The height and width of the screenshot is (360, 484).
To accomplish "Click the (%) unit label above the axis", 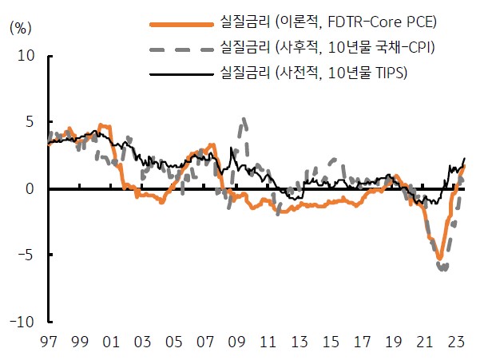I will (20, 26).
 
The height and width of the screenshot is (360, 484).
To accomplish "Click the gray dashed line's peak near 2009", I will (244, 120).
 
